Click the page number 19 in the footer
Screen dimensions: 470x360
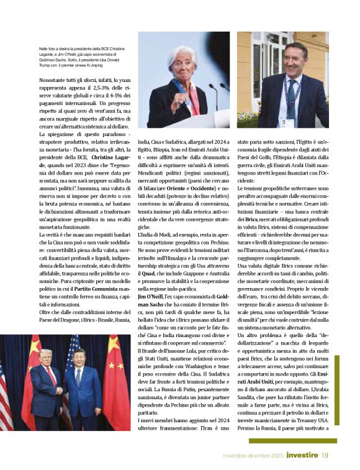[x=325, y=456]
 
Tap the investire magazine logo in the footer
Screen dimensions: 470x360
[x=302, y=456]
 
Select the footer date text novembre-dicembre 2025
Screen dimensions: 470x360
[x=254, y=456]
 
